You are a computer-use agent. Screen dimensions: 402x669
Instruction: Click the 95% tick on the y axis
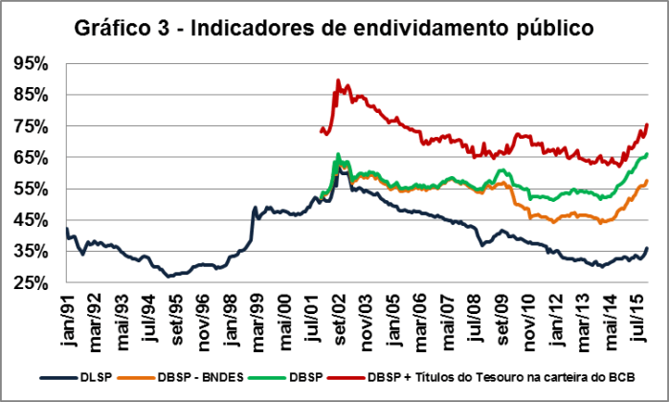click(x=31, y=63)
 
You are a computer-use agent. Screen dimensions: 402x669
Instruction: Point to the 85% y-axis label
click(x=31, y=95)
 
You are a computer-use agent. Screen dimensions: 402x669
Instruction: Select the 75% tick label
click(x=31, y=126)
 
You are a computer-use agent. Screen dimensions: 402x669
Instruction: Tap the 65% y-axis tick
click(x=31, y=157)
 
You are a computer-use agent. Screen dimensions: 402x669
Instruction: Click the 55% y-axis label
click(x=31, y=189)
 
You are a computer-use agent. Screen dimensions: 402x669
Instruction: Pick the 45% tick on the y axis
click(x=31, y=220)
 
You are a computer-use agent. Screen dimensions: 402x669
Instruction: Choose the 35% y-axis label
click(x=31, y=251)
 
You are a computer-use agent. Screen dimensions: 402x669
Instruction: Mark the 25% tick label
click(x=31, y=282)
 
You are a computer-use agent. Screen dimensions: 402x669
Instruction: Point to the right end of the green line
click(x=648, y=153)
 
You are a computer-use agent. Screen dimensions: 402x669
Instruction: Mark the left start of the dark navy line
click(x=66, y=230)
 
